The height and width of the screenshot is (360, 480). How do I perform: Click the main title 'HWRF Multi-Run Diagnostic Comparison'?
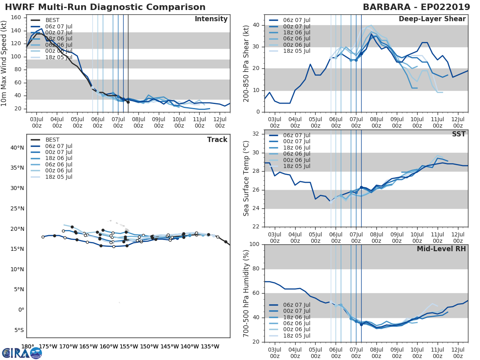pyautogui.click(x=105, y=7)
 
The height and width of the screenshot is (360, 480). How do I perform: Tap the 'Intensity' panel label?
pyautogui.click(x=211, y=19)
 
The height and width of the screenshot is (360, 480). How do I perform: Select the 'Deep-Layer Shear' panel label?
pyautogui.click(x=432, y=19)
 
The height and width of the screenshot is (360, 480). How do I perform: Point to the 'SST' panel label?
pyautogui.click(x=459, y=134)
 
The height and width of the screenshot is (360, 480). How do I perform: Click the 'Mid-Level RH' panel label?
pyautogui.click(x=441, y=249)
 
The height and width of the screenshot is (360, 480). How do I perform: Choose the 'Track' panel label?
pyautogui.click(x=217, y=140)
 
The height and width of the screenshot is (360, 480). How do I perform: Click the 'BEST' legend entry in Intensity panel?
pyautogui.click(x=52, y=20)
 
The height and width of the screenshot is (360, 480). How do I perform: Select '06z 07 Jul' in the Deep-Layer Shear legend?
pyautogui.click(x=296, y=20)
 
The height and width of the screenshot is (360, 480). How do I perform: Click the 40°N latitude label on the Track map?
pyautogui.click(x=17, y=148)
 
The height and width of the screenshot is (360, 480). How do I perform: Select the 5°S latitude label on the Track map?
pyautogui.click(x=18, y=330)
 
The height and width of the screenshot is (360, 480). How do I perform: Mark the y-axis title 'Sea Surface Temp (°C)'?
pyautogui.click(x=246, y=178)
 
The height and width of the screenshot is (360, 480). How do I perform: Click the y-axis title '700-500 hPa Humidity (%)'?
pyautogui.click(x=246, y=293)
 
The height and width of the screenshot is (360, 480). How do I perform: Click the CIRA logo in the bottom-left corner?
pyautogui.click(x=22, y=353)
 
